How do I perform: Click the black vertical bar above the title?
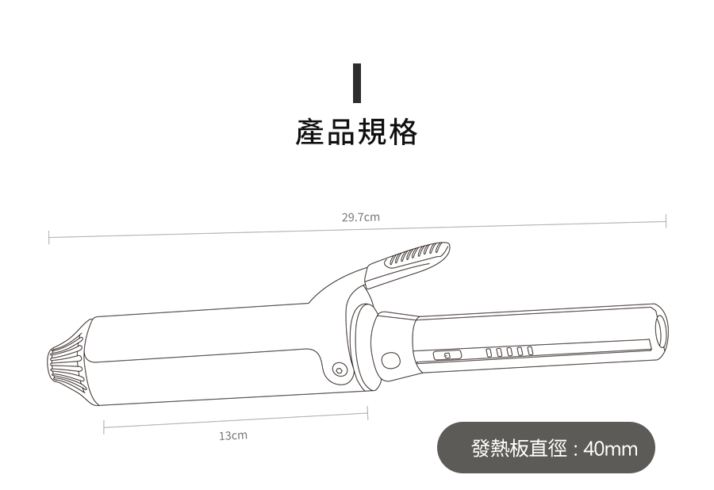(x=356, y=82)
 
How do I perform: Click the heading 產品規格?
(x=356, y=132)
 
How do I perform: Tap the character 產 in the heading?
(x=310, y=132)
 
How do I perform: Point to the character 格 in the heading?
(x=403, y=132)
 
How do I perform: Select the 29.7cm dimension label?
(x=361, y=216)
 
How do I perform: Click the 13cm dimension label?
(x=233, y=435)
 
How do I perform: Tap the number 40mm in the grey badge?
(x=610, y=450)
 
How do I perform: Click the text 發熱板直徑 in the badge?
(x=519, y=449)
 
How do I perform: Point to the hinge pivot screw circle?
(x=340, y=369)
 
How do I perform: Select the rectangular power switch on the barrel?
(x=447, y=355)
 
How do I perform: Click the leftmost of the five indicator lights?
(x=489, y=352)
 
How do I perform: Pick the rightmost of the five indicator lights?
(x=530, y=350)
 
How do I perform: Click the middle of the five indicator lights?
(x=510, y=351)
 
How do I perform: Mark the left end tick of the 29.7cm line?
(x=49, y=236)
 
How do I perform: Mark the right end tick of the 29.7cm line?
(x=666, y=220)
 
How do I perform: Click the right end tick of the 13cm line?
(x=367, y=412)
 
